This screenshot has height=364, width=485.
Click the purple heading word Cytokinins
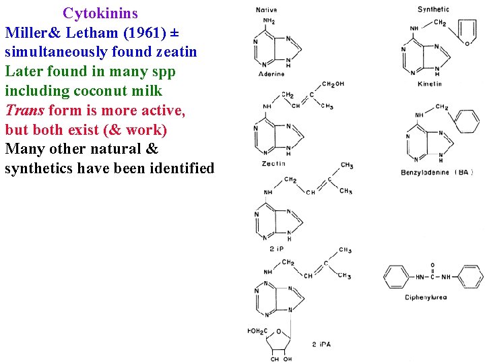tap(100, 13)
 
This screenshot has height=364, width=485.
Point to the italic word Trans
tap(24, 110)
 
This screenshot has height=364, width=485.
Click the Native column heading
tap(267, 10)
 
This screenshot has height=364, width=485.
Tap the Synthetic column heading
tap(433, 9)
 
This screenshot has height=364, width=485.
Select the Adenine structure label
tap(271, 74)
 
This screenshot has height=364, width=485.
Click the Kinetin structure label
tap(430, 84)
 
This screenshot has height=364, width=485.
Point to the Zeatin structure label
tap(273, 163)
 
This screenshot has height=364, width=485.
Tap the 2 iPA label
tap(322, 344)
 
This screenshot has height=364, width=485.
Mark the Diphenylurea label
tap(426, 297)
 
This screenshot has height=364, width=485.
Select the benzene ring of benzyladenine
tap(466, 119)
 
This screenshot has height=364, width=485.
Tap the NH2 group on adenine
tap(269, 21)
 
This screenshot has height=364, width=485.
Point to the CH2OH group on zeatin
tap(333, 84)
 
